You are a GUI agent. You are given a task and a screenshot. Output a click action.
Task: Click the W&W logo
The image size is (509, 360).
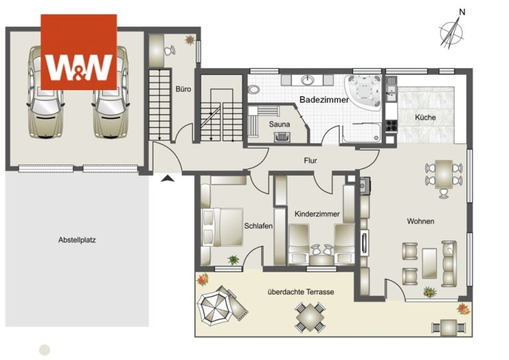coord(79,52)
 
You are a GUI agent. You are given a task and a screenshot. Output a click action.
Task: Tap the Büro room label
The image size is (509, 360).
coord(183,89)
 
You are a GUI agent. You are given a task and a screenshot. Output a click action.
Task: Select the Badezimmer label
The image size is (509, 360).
coord(323,99)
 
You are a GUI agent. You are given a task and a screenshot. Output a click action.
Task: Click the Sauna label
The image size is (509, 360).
coord(279,124)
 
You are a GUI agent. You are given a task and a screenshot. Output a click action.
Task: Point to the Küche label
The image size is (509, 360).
coord(425,117)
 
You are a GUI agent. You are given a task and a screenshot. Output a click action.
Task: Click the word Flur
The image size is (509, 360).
coord(310,160)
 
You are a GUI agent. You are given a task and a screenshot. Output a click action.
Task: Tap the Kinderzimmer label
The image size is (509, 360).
coord(317,214)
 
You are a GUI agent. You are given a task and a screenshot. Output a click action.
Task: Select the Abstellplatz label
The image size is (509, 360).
coord(77,240)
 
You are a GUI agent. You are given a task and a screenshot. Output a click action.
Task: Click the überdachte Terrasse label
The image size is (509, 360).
coord(301,292)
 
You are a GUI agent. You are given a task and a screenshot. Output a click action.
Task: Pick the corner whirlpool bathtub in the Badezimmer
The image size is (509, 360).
coord(363,91)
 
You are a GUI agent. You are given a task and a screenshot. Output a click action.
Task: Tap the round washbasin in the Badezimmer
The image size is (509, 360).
coord(307,80)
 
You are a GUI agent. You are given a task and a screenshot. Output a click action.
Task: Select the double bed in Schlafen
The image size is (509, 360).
coord(222,227)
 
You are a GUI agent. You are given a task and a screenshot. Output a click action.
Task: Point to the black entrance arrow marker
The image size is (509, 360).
coord(167,178)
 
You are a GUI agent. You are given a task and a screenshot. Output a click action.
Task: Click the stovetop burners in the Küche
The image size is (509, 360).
coord(391,125)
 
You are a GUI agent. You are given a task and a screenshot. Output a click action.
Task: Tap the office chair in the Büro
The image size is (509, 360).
coord(169,51)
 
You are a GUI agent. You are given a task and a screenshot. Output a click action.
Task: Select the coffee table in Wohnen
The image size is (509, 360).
coord(429,263)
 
